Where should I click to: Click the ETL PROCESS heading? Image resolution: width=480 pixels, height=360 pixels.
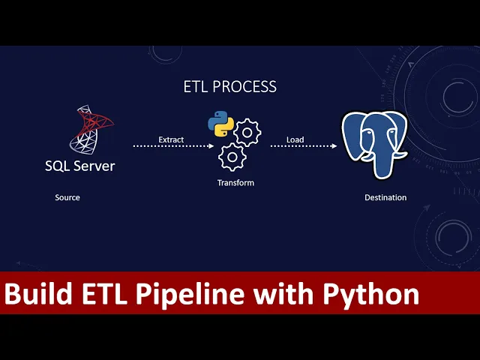(x=229, y=86)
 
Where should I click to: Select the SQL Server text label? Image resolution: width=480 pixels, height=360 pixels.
(x=79, y=165)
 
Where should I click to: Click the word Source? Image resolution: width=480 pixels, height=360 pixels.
(x=67, y=198)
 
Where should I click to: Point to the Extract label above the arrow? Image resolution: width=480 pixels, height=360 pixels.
(x=171, y=139)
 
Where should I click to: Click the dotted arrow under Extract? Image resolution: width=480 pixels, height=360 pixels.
(x=173, y=146)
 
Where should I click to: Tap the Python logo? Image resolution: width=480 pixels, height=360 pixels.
(x=220, y=124)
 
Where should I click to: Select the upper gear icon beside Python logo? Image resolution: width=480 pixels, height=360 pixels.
(x=247, y=133)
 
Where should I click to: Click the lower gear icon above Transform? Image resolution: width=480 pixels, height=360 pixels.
(x=232, y=157)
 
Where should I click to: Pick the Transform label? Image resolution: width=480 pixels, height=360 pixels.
(x=235, y=183)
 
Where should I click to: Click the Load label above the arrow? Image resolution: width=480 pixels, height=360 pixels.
(x=295, y=139)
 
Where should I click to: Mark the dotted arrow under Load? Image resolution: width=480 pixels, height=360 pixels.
(x=303, y=146)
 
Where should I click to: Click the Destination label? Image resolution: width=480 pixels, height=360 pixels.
(x=385, y=198)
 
